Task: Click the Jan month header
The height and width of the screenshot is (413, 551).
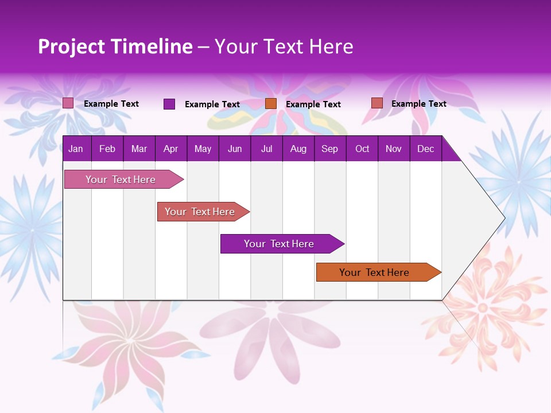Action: click(76, 149)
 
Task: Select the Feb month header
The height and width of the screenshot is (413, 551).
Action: click(107, 149)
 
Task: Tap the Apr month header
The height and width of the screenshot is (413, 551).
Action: click(170, 149)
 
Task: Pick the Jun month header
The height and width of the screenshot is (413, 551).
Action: click(235, 149)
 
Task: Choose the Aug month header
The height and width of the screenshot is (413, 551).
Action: click(298, 149)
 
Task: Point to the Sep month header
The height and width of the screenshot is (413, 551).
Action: click(329, 149)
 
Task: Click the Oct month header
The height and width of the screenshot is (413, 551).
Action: click(362, 149)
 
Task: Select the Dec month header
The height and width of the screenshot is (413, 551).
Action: click(425, 149)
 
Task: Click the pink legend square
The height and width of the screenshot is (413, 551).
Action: click(68, 103)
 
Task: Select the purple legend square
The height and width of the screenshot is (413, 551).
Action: click(169, 104)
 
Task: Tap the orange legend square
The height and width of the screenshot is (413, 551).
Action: click(271, 103)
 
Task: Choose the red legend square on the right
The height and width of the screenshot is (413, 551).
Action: click(377, 103)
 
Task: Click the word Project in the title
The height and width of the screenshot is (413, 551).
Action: click(71, 46)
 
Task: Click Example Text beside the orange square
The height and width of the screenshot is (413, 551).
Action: click(313, 104)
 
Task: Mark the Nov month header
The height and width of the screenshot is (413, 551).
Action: click(393, 149)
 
